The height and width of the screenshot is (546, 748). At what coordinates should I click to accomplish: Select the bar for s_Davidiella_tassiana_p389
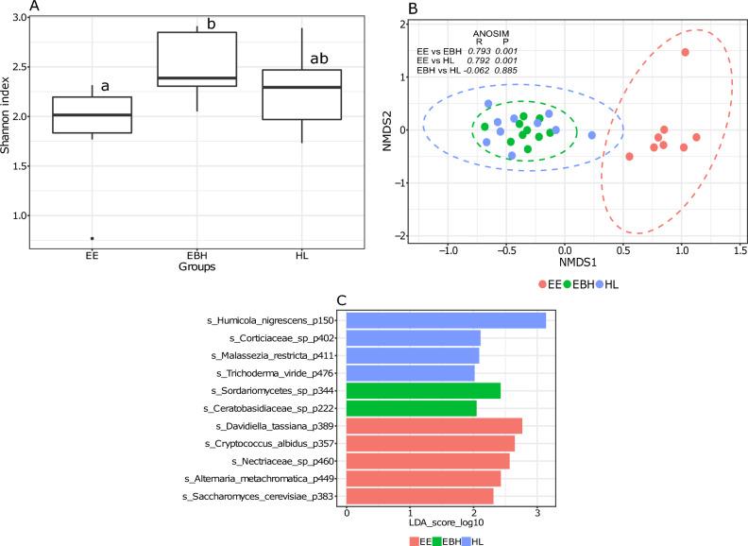434,426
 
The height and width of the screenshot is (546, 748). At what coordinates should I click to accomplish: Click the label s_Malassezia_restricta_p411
275,355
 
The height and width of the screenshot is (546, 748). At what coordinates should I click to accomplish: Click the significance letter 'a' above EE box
106,86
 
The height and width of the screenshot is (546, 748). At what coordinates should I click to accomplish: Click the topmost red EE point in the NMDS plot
685,52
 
